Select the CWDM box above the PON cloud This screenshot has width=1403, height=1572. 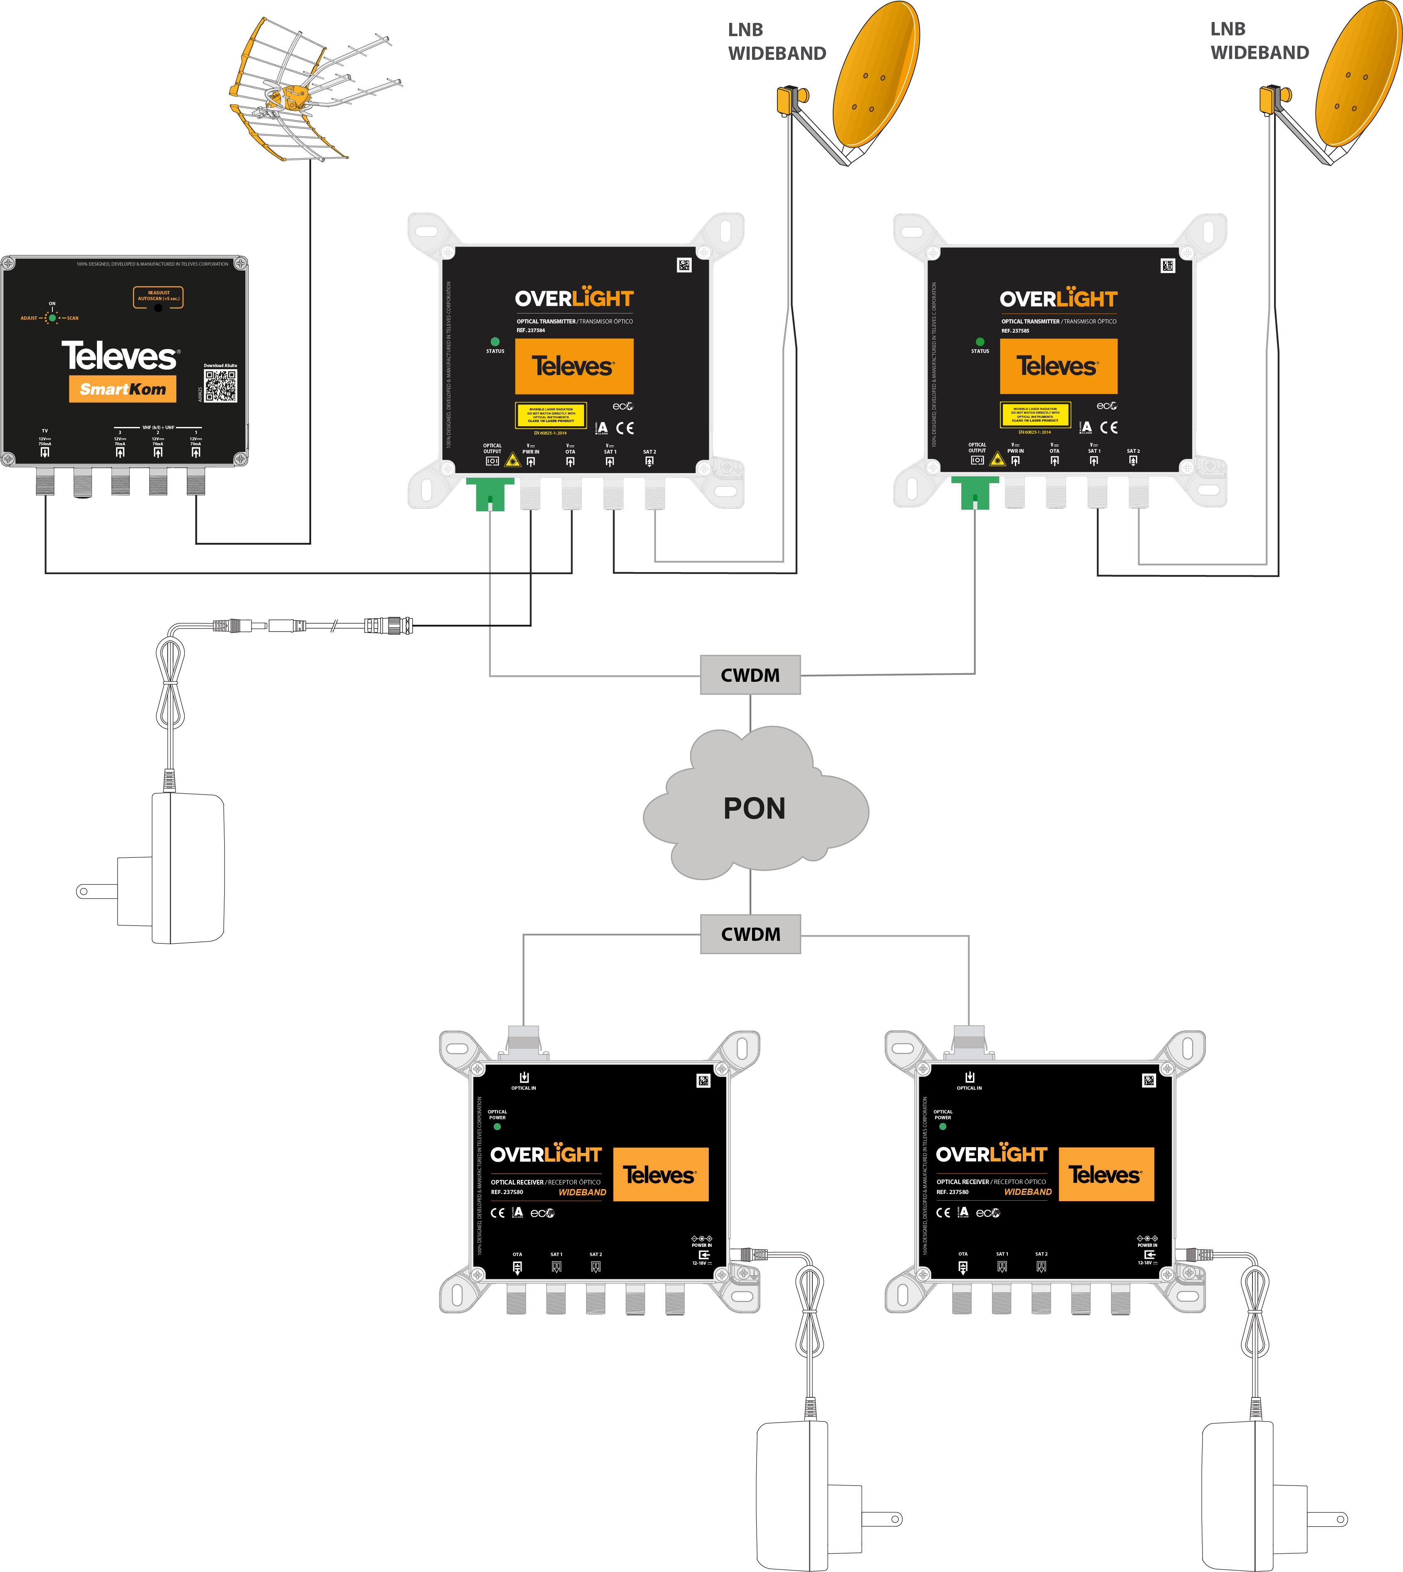click(750, 675)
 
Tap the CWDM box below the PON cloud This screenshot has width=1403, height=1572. click(750, 934)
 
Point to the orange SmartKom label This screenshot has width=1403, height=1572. click(123, 389)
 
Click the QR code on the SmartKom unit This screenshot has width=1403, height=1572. click(220, 385)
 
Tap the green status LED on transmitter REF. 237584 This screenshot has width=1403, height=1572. click(495, 341)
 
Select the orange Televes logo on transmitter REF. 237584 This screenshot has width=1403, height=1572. click(574, 366)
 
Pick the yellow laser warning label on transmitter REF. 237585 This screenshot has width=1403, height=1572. click(1034, 415)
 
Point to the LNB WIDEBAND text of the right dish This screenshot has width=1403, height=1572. click(1259, 41)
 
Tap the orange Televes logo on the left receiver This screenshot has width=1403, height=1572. click(660, 1175)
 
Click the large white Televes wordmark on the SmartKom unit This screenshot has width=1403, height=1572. click(119, 356)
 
